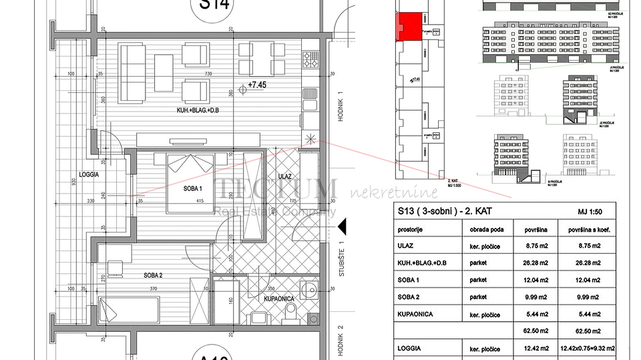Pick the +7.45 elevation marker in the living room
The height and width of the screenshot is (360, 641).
[x=256, y=85]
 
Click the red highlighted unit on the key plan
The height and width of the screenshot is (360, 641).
[x=409, y=27]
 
